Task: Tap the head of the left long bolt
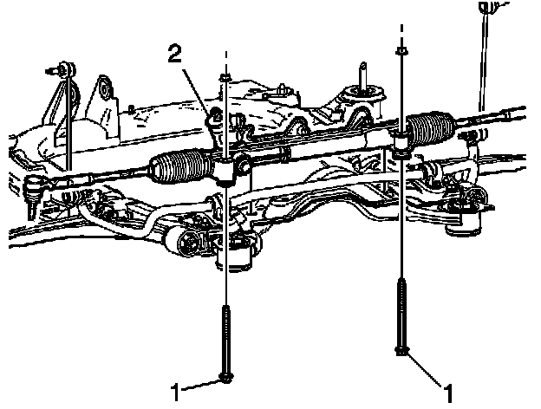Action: [225, 377]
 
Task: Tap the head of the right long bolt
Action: [402, 350]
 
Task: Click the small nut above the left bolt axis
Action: [225, 79]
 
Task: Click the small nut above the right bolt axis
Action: [401, 53]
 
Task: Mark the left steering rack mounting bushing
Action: [225, 172]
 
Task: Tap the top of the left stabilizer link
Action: [63, 66]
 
